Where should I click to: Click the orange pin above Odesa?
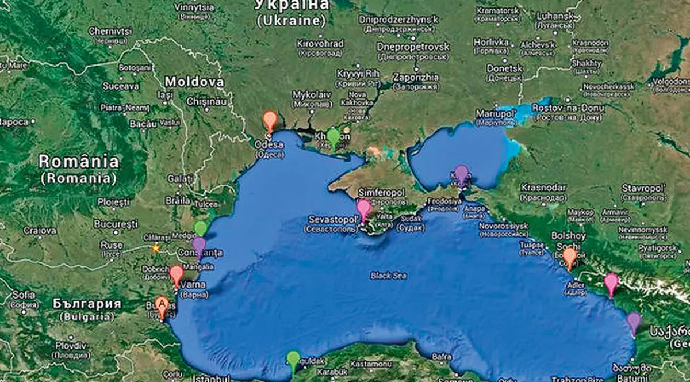click(x=270, y=121)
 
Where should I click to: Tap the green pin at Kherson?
click(x=333, y=137)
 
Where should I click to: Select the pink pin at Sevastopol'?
click(x=363, y=208)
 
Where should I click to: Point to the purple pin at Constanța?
click(x=199, y=246)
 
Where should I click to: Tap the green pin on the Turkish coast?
click(x=293, y=360)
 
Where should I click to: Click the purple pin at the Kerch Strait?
click(x=462, y=174)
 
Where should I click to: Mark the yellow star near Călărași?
click(x=155, y=248)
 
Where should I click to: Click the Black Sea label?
click(x=389, y=276)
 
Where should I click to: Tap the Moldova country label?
click(x=194, y=82)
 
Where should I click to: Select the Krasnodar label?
click(x=543, y=188)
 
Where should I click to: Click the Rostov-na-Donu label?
click(x=568, y=108)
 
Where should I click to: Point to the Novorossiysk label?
click(x=503, y=226)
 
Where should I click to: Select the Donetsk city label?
click(x=504, y=68)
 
